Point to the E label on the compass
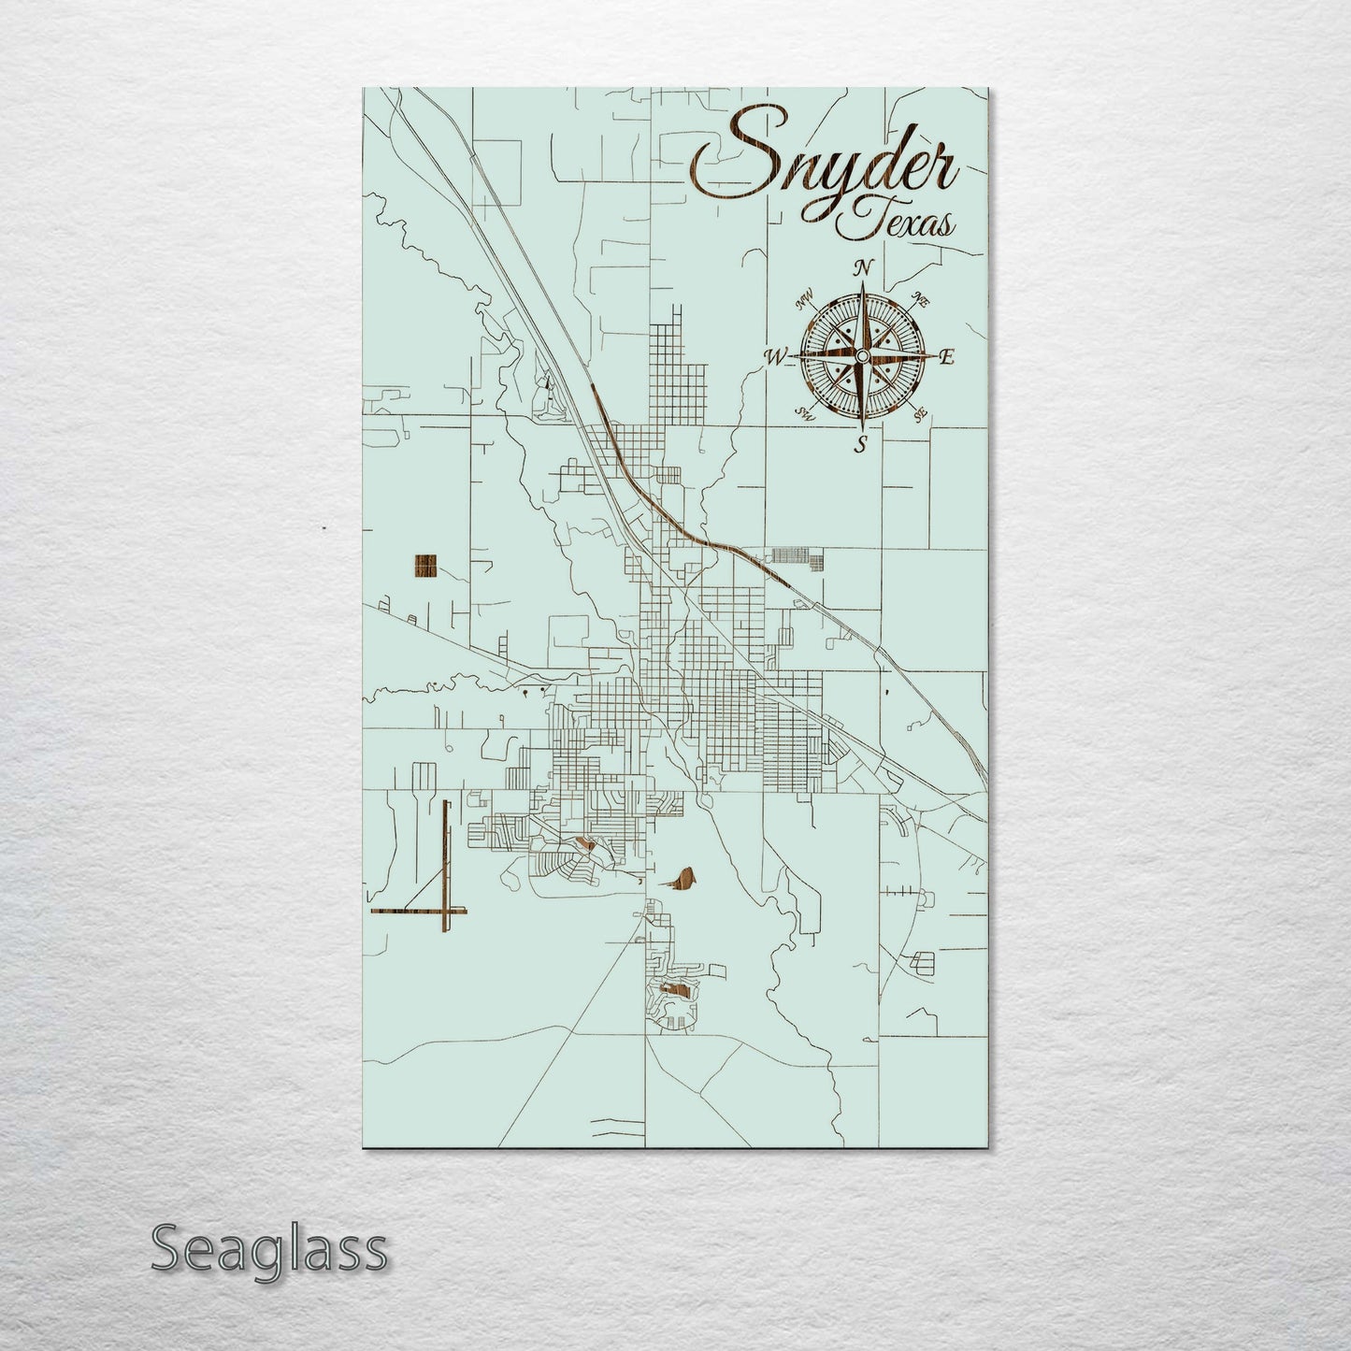945,356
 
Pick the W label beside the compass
775,356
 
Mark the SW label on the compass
803,412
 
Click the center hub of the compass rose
861,355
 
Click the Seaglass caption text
268,1248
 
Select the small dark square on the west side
424,567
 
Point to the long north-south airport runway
445,865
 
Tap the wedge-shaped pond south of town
683,880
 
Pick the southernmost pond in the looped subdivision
676,986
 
